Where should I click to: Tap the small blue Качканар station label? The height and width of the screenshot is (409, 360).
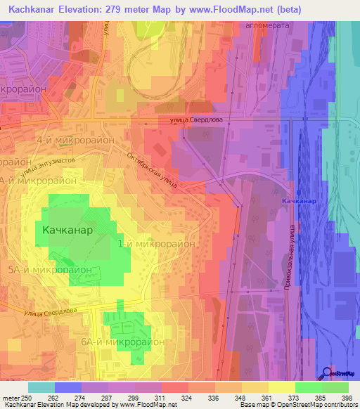299,202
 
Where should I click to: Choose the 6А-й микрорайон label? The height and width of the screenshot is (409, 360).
122,341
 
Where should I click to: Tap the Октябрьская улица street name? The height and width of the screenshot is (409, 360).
152,170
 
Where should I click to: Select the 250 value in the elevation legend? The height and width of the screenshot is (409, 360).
27,397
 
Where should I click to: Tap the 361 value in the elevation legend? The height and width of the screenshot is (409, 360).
266,397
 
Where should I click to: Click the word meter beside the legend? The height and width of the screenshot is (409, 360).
11,397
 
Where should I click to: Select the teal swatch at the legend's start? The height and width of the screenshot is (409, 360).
41,387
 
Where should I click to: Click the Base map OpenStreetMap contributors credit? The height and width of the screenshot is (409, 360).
298,405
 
